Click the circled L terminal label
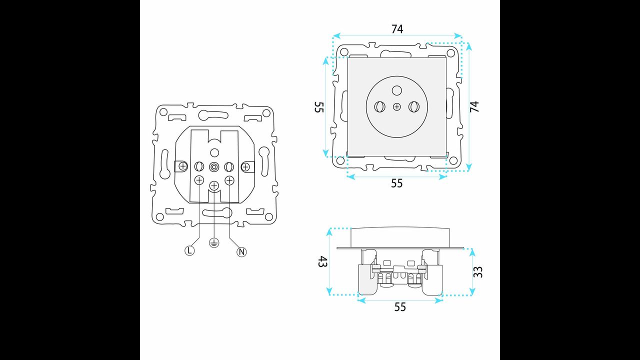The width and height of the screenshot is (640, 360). click(189, 250)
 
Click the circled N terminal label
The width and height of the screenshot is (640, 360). click(241, 252)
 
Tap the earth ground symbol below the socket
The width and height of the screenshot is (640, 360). click(214, 243)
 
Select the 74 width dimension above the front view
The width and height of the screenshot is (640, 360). click(397, 29)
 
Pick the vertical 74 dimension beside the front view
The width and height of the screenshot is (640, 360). click(474, 106)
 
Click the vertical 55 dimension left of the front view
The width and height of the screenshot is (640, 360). click(319, 107)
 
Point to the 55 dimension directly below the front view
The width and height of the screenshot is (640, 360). click(397, 183)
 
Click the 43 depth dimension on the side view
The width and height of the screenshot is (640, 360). click(322, 261)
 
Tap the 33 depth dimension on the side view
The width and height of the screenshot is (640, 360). click(478, 271)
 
